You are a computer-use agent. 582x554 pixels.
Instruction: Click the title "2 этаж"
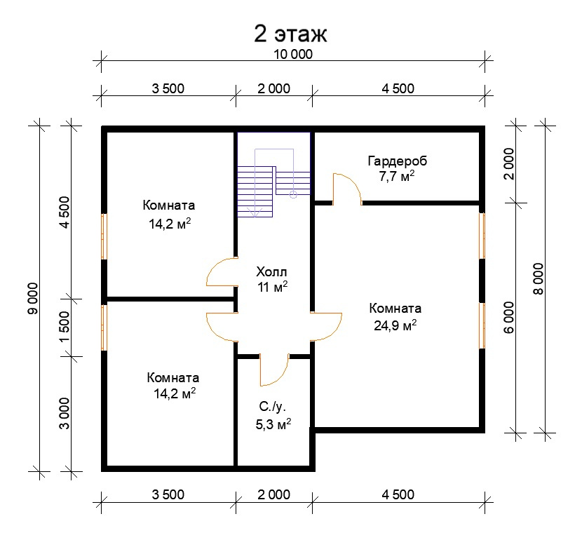(x=290, y=34)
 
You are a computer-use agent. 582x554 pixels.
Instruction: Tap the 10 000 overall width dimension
(x=293, y=55)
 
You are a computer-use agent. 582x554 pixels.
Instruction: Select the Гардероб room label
(x=397, y=161)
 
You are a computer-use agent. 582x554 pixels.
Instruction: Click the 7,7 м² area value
(x=396, y=176)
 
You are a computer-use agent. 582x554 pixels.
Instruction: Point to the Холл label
(x=271, y=272)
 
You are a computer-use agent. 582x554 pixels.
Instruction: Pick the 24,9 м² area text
(x=395, y=325)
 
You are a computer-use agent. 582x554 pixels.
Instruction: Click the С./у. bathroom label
(x=273, y=407)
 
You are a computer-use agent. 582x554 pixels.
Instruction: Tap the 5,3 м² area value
(x=273, y=424)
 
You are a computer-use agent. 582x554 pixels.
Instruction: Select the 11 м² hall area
(x=273, y=287)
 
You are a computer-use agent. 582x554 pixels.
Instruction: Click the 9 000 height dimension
(x=33, y=299)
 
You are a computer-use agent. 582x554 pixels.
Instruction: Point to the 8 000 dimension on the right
(x=539, y=279)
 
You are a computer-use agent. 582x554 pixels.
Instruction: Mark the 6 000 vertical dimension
(x=509, y=317)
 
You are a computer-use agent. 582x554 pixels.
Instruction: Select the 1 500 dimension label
(x=65, y=327)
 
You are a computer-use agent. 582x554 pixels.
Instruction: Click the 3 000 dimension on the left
(x=65, y=413)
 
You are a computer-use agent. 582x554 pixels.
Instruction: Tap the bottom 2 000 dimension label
(x=274, y=494)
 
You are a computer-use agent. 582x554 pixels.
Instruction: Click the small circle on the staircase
(x=293, y=194)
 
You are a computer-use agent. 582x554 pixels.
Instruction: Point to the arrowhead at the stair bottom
(x=255, y=212)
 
